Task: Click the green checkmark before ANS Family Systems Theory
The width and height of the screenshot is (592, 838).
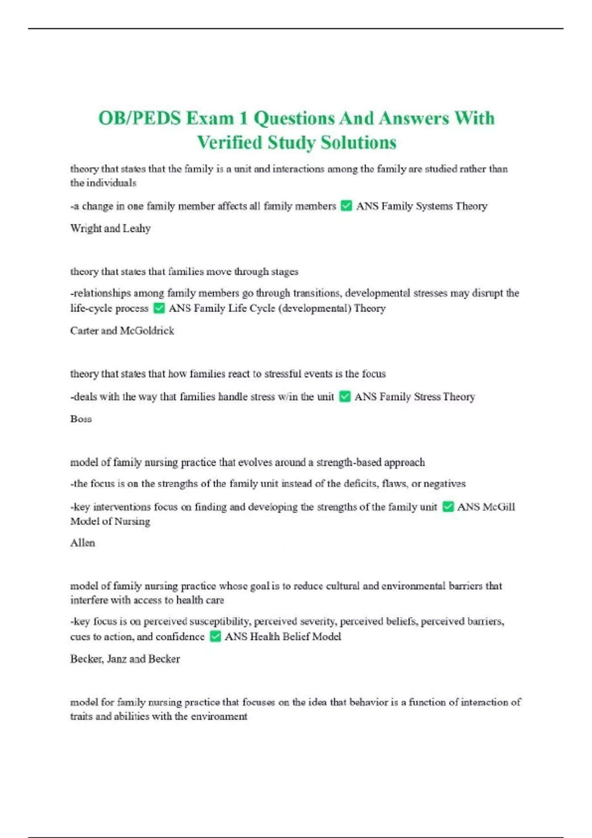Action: click(346, 206)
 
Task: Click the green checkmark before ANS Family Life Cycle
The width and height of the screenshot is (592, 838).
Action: click(159, 308)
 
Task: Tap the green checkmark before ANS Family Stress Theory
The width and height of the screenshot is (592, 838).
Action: click(345, 396)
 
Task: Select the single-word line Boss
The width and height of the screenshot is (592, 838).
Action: click(81, 419)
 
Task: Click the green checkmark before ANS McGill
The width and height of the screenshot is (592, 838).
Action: click(448, 506)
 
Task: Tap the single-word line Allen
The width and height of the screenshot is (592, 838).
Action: click(82, 543)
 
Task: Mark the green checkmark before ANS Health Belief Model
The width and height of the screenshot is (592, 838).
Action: click(215, 636)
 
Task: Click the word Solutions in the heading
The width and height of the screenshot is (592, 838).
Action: click(359, 142)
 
